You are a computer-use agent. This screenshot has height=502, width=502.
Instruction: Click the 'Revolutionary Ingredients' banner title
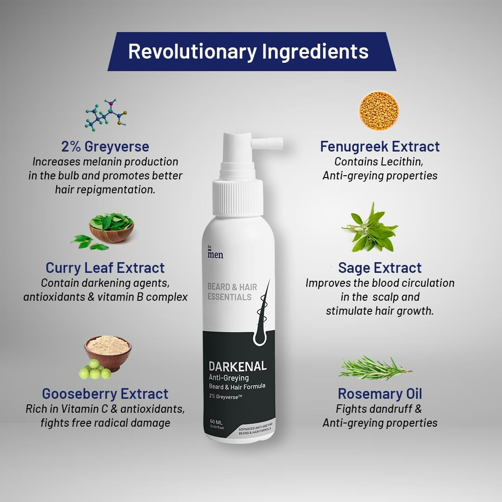pos(248,52)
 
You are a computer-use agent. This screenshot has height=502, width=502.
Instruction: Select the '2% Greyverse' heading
pos(106,146)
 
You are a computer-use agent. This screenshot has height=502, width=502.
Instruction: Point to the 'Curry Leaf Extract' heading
pos(105,268)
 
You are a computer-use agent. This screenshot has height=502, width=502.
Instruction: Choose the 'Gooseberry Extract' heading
pos(105,394)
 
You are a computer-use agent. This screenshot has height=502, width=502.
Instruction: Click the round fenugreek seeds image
pos(379,111)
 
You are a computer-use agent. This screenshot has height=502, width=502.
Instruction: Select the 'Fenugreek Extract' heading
pos(380,146)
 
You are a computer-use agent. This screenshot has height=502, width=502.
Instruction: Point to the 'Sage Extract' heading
pos(380,268)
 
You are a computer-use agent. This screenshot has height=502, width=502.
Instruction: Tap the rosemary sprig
pos(374,368)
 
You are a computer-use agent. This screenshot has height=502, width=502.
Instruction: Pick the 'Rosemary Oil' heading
pos(380,394)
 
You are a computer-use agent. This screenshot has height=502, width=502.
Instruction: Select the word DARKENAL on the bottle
pos(238,366)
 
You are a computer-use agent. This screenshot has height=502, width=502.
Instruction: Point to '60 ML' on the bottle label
pos(217,422)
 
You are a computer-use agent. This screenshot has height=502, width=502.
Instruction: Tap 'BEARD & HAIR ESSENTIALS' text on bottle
pos(232,292)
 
